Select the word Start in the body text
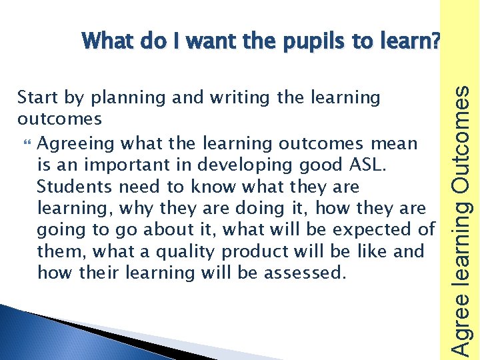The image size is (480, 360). coord(36,98)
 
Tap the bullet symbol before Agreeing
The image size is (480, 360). coord(26,143)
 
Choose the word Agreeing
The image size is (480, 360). coord(71,143)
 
